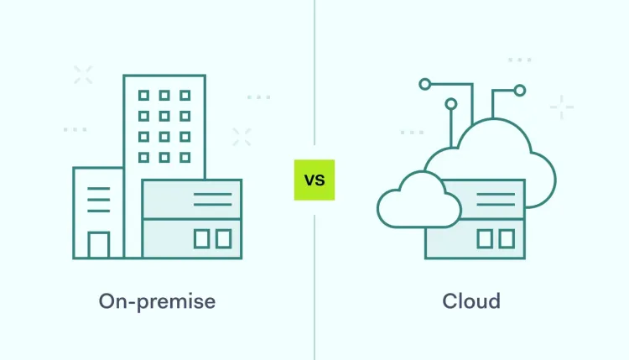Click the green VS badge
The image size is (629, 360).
pos(314,180)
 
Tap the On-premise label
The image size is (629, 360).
pos(157,300)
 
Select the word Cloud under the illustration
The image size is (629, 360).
pos(471,300)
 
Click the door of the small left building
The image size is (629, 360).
pos(99,244)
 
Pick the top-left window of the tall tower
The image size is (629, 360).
pos(143,96)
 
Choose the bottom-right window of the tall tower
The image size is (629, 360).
pos(185,156)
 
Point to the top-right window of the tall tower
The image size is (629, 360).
pos(185,96)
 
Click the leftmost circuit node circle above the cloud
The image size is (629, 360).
pos(425,83)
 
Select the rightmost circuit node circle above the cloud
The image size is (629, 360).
pos(520,90)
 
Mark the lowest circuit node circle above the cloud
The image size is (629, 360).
pos(451,104)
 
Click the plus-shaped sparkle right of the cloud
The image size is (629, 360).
pos(562,107)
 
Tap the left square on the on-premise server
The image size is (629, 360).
pos(201,239)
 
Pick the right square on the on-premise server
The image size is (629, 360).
pos(223,239)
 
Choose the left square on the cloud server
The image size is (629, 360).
pos(485,239)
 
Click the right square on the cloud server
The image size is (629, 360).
pos(507,239)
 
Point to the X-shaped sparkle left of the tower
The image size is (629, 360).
pos(82,75)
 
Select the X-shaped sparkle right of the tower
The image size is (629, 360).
pos(242,137)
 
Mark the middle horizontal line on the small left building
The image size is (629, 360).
pos(98,200)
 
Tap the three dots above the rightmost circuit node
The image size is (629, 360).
pos(520,60)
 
